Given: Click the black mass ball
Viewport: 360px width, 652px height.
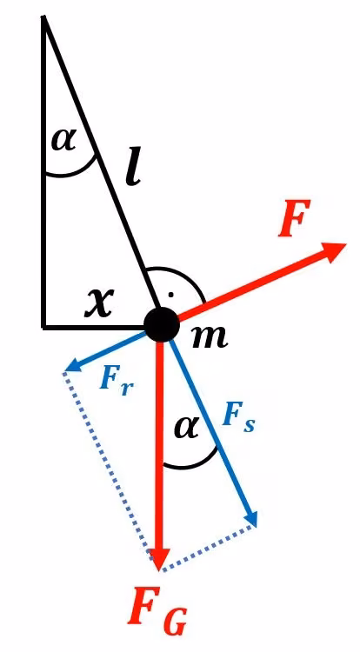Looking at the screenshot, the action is point(161,325).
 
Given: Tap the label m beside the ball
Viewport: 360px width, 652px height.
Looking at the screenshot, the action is point(210,336).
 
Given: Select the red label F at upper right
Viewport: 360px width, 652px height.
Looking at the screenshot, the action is point(295,218).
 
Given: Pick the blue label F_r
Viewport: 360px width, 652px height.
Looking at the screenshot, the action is point(117,380).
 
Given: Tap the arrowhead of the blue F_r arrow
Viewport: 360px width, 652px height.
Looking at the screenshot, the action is point(74,365).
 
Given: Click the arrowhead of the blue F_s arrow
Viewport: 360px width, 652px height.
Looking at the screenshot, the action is point(250,519).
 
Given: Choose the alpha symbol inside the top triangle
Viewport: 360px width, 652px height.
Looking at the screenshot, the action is point(64,139).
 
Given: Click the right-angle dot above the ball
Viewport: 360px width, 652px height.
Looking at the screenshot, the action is point(170,296).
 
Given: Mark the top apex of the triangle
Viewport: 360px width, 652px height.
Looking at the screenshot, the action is point(43,17).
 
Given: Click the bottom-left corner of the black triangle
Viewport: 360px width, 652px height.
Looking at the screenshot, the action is point(43,327).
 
